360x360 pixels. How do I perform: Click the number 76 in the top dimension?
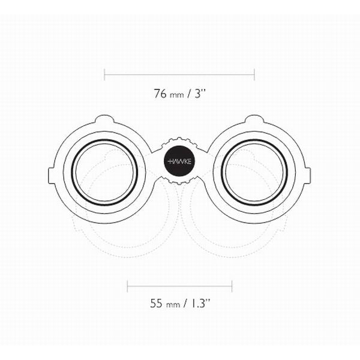tap(160, 93)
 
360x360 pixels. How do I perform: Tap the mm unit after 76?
tap(175, 94)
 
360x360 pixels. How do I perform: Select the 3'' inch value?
tap(199, 93)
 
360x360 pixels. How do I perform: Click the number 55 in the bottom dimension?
tap(156, 303)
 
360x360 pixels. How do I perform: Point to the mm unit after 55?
tap(172, 304)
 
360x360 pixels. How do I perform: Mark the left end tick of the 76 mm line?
tap(104, 74)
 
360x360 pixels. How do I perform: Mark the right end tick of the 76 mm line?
tap(254, 74)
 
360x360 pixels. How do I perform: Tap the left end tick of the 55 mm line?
tap(128, 285)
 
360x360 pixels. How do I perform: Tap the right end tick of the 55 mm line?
tap(232, 285)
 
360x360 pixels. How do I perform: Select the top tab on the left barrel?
tap(104, 118)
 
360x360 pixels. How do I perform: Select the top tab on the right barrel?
tap(254, 118)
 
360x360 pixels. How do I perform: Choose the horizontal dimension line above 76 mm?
tap(179, 74)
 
